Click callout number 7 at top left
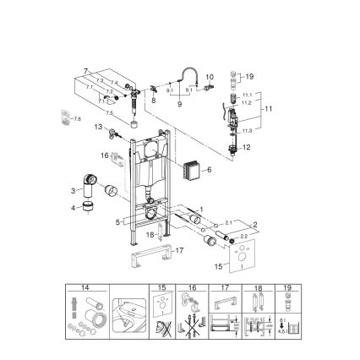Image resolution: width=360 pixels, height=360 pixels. [86, 71]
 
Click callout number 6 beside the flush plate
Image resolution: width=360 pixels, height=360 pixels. [209, 169]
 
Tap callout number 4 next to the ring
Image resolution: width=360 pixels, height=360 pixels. [74, 206]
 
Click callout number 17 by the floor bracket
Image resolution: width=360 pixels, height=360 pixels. [179, 250]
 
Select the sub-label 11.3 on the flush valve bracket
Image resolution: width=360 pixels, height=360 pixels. [245, 131]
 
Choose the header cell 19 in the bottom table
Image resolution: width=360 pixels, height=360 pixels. [289, 288]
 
